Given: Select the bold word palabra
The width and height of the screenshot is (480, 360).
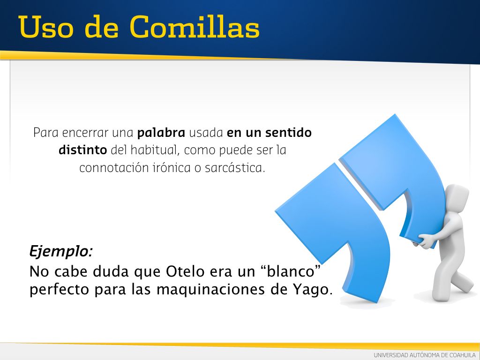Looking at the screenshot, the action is coord(161,133).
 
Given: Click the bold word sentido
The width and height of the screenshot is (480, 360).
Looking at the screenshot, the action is coord(288,133).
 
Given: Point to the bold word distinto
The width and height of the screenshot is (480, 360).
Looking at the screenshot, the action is coord(82,150).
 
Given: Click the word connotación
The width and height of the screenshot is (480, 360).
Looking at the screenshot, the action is coord(114,168).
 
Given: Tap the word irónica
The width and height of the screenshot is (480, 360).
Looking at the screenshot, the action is coord(172,168).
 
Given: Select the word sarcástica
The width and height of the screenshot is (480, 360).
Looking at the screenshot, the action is coord(234,168).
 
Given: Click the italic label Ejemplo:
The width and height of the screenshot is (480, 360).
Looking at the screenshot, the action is coord(61,252).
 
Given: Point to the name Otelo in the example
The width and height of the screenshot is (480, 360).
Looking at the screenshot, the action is coord(185,271).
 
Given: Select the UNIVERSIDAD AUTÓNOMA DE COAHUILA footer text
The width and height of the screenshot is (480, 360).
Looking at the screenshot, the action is coord(425,355).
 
